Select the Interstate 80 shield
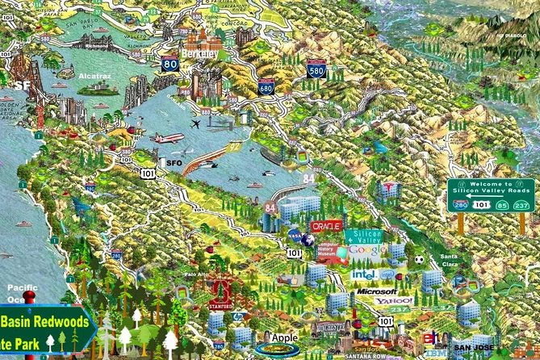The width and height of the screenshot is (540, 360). tap(170, 63)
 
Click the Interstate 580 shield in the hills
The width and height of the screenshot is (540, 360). tap(316, 70)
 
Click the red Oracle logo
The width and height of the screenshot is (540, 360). tap(327, 227)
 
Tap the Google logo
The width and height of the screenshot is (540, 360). tap(367, 251)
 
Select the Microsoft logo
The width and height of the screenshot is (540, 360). tap(376, 291)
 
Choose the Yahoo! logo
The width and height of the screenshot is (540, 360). tap(393, 301)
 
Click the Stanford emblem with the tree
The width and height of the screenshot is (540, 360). tap(222, 294)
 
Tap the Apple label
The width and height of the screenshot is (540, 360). tap(285, 337)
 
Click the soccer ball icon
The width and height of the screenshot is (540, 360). tap(419, 260)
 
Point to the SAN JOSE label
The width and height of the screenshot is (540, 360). tap(471, 346)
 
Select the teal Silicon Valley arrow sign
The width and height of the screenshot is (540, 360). tap(364, 236)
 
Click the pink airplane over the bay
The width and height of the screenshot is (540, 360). tap(168, 138)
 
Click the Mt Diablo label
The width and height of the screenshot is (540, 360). tap(510, 36)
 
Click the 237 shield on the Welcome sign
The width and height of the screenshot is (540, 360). tap(521, 205)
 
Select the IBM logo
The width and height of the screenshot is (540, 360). tap(433, 353)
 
